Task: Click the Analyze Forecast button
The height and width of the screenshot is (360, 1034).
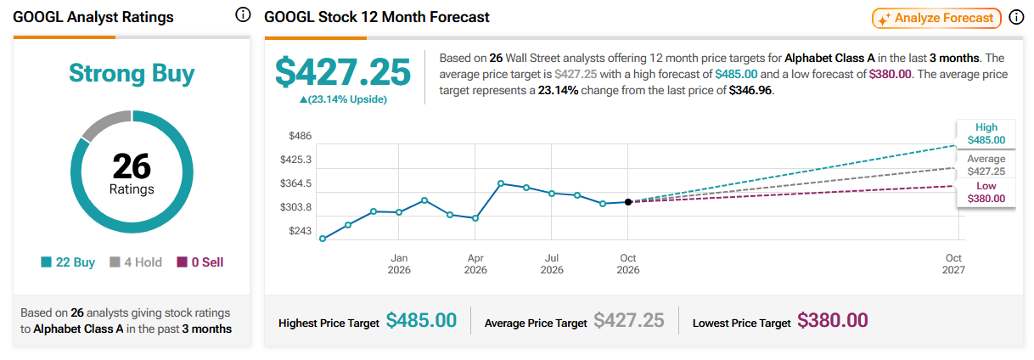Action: pyautogui.click(x=936, y=19)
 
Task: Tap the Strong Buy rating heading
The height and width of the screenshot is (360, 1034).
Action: pyautogui.click(x=132, y=73)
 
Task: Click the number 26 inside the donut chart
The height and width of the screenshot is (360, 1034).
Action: pyautogui.click(x=132, y=166)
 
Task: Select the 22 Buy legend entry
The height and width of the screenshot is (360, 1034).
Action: pyautogui.click(x=68, y=262)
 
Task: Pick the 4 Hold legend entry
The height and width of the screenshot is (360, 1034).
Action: pyautogui.click(x=136, y=262)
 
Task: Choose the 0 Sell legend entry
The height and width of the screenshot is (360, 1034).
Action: pyautogui.click(x=199, y=262)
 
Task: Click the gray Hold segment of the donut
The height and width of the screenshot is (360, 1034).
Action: pyautogui.click(x=105, y=123)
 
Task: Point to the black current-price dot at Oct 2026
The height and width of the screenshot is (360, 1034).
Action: pyautogui.click(x=628, y=202)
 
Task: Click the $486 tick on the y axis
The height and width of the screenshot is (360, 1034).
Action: pyautogui.click(x=300, y=136)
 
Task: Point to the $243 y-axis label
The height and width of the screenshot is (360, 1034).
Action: pyautogui.click(x=300, y=231)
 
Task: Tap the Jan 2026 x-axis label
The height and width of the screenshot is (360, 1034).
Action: pyautogui.click(x=399, y=264)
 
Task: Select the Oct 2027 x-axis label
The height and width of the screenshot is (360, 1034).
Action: pyautogui.click(x=953, y=264)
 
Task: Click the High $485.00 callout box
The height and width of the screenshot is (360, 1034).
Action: pyautogui.click(x=986, y=134)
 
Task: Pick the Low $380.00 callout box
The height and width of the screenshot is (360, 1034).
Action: pyautogui.click(x=986, y=193)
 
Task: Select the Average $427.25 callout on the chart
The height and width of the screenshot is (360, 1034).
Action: pyautogui.click(x=986, y=165)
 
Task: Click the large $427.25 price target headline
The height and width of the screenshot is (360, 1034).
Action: pyautogui.click(x=342, y=72)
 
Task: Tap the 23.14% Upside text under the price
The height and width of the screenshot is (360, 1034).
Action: pyautogui.click(x=344, y=99)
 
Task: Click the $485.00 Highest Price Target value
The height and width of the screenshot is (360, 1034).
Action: pyautogui.click(x=421, y=320)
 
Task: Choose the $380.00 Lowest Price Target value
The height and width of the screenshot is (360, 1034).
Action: pyautogui.click(x=832, y=320)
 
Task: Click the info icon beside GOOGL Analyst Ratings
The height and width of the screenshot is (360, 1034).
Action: pyautogui.click(x=243, y=15)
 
